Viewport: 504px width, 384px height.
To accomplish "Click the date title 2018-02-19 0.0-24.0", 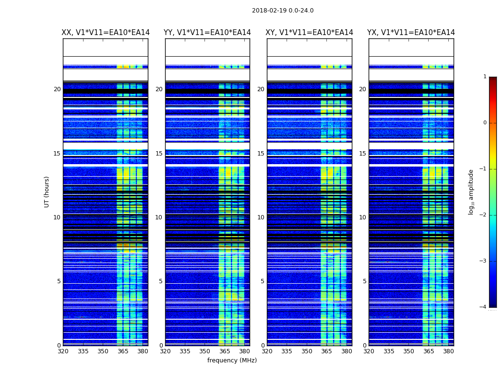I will tap(283, 11).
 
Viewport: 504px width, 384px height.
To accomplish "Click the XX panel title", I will tap(106, 33).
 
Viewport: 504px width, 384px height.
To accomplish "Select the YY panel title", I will tap(207, 33).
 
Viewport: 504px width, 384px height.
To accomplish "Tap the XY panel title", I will tap(310, 33).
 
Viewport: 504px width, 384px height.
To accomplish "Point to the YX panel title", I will tap(411, 33).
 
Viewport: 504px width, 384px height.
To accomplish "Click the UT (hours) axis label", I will tap(47, 192).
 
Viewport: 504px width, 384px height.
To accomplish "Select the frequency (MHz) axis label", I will tap(232, 360).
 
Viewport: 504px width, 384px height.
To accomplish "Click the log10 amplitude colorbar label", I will tap(471, 192).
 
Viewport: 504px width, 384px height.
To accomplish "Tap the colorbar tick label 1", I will tap(485, 77).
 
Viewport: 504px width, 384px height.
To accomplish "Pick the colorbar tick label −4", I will tap(483, 307).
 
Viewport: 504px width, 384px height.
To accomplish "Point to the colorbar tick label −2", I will tap(483, 215).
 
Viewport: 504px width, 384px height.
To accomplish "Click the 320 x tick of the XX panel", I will tap(63, 351).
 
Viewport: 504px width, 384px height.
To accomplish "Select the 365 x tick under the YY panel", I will tap(225, 351).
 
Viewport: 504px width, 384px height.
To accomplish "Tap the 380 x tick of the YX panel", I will tap(448, 351).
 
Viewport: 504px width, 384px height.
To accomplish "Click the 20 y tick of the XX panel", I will tap(57, 89).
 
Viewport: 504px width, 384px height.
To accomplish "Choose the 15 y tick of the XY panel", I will tap(261, 154).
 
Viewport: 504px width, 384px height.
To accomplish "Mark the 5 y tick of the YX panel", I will tap(364, 281).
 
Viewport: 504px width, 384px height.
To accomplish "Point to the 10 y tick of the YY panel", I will tap(159, 217).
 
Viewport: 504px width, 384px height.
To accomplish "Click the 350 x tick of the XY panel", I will tap(307, 351).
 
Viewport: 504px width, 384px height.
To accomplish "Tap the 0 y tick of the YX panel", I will tap(364, 346).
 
